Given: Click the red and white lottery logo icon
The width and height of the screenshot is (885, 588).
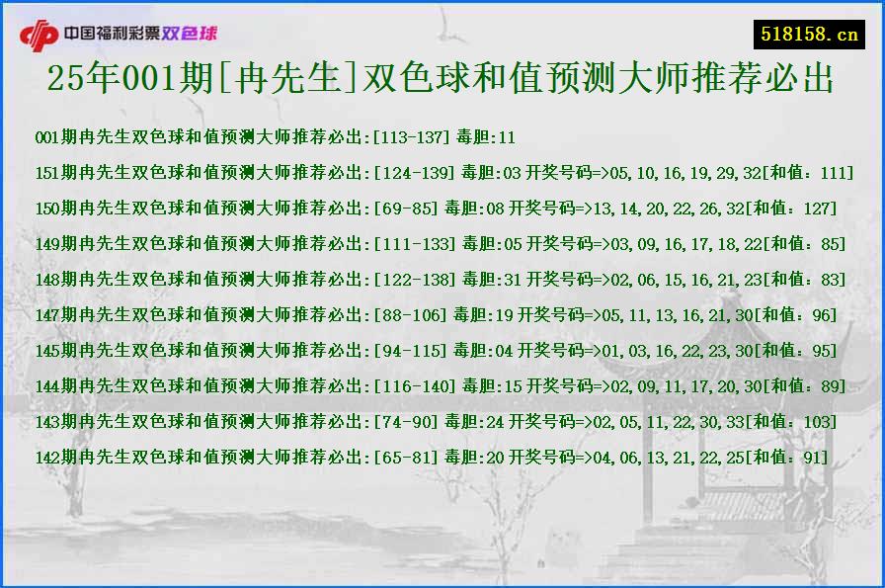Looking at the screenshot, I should click(x=40, y=35).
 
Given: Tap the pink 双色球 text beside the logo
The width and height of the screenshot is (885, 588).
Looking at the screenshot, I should click(x=190, y=34).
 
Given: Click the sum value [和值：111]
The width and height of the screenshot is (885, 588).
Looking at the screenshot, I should click(x=809, y=173).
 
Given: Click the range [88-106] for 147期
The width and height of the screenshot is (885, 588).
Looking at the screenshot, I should click(x=409, y=315).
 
